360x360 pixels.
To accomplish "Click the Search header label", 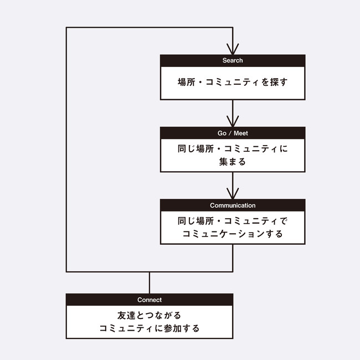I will pyautogui.click(x=233, y=60).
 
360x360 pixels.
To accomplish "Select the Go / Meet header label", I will pyautogui.click(x=233, y=133).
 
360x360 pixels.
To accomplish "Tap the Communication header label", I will pyautogui.click(x=233, y=205).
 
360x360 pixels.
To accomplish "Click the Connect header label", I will pyautogui.click(x=150, y=300).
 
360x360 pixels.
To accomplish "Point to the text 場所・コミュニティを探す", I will pyautogui.click(x=233, y=83).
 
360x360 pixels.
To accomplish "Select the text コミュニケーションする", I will pyautogui.click(x=233, y=234).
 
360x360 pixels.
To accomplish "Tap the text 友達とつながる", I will pyautogui.click(x=150, y=315).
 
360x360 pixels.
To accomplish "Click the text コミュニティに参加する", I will pyautogui.click(x=150, y=328).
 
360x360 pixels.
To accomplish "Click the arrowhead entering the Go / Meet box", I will pyautogui.click(x=233, y=121).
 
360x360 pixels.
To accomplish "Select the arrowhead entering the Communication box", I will pyautogui.click(x=233, y=194).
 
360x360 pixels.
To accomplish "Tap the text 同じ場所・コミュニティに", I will pyautogui.click(x=233, y=148).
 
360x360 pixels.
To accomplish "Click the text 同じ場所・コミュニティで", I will pyautogui.click(x=233, y=220).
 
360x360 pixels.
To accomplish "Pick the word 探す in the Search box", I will pyautogui.click(x=278, y=83).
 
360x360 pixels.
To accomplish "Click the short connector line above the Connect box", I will pyautogui.click(x=150, y=282).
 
